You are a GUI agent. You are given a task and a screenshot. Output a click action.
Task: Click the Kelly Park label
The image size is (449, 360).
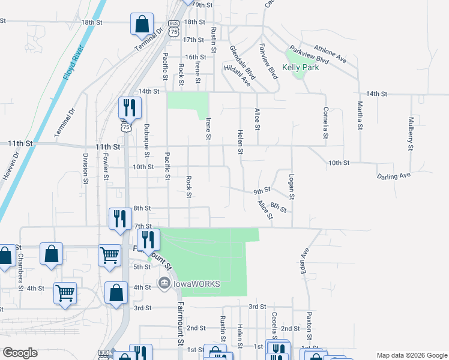tap(300, 68)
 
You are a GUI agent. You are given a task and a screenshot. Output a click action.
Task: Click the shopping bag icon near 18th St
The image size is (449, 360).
tap(142, 25)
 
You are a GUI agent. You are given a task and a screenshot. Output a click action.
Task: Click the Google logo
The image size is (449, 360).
tap(20, 353)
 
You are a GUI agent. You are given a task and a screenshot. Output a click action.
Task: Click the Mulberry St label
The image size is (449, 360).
tap(411, 133)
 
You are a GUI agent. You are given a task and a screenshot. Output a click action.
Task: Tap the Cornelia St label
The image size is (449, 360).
tap(325, 123)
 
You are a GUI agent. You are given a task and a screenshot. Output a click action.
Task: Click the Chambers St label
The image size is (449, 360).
tap(20, 268)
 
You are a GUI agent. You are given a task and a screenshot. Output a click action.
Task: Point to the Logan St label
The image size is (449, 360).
tap(292, 187)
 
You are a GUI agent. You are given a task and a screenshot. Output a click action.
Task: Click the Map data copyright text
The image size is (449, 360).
tap(411, 355)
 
